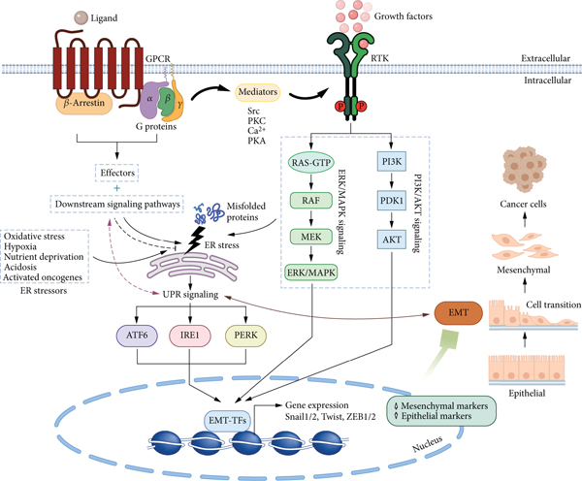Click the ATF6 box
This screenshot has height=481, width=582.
point(136,337)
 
